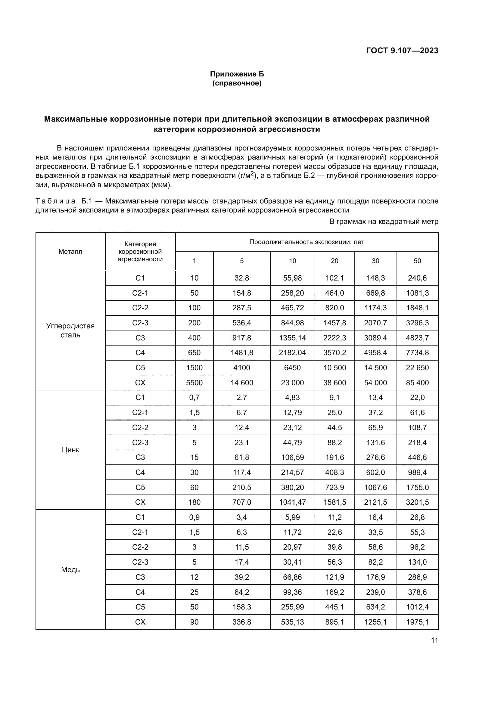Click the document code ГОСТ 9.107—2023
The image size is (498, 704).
coord(402,51)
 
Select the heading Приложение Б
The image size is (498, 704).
coord(237,74)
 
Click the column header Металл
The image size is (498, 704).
coord(70,252)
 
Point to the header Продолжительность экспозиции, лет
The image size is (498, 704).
coord(306,242)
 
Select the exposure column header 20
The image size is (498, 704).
coord(334,261)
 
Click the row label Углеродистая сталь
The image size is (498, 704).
coord(70,330)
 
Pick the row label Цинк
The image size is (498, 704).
coord(70,450)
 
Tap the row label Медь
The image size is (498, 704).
coord(70,570)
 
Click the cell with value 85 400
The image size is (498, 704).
coord(417,383)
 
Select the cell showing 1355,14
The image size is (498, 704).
coord(292,338)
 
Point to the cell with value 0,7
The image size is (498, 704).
coord(194,398)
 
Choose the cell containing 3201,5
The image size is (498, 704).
coord(417,502)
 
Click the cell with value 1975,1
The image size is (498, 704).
coord(417,622)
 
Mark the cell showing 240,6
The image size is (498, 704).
coord(417,278)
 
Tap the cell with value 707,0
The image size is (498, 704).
coord(242,502)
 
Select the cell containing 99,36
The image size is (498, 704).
coord(292,592)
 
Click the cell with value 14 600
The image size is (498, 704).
coord(242,383)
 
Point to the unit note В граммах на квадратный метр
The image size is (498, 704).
coord(384,222)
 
